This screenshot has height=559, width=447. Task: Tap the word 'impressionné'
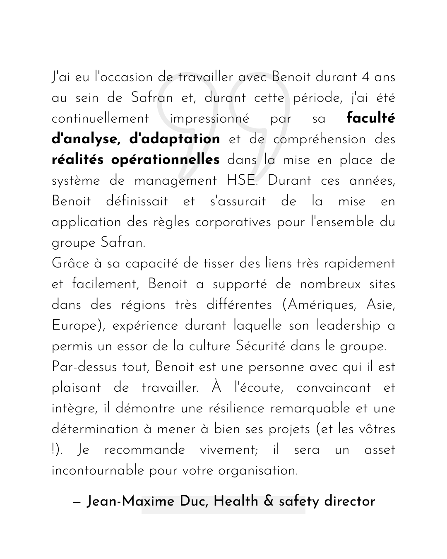tap(209, 119)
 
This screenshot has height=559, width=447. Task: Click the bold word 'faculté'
tap(371, 118)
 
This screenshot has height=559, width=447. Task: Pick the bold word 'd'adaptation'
tap(175, 140)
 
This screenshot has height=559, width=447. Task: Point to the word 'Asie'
tap(381, 305)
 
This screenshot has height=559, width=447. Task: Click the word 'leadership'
tap(348, 326)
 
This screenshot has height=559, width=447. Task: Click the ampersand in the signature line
tap(269, 502)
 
